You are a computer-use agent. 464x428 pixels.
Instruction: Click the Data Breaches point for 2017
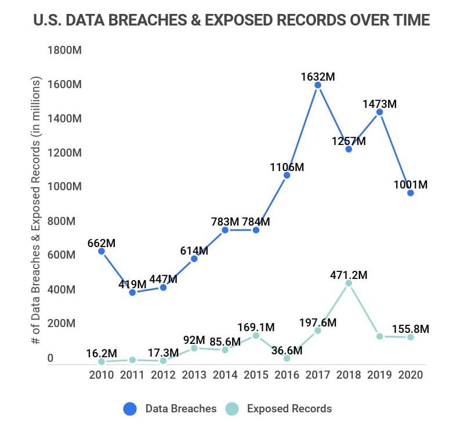[318, 85]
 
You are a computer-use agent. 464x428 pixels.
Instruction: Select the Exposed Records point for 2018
[349, 284]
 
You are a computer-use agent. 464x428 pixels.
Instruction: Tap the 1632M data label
[318, 76]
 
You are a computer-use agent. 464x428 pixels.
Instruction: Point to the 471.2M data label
[349, 275]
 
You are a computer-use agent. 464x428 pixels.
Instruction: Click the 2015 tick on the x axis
[256, 374]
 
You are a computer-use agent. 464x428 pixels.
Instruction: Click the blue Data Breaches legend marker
[130, 409]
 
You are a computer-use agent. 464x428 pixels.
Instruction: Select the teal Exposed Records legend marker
[230, 409]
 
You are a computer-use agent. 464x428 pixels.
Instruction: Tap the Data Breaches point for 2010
[101, 251]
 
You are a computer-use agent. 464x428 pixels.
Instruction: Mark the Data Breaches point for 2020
[410, 193]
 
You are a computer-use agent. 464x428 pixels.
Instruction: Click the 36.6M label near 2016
[287, 350]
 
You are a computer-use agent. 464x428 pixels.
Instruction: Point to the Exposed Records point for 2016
[287, 358]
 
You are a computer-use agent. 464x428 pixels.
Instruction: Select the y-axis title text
[37, 211]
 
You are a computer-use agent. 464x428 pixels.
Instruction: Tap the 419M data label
[132, 284]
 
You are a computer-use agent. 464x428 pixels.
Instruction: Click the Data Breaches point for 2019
[379, 112]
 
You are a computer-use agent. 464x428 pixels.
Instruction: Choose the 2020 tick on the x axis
[410, 374]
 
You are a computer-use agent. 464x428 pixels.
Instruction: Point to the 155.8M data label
[410, 329]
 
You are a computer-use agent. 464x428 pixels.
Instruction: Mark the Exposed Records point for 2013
[194, 348]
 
